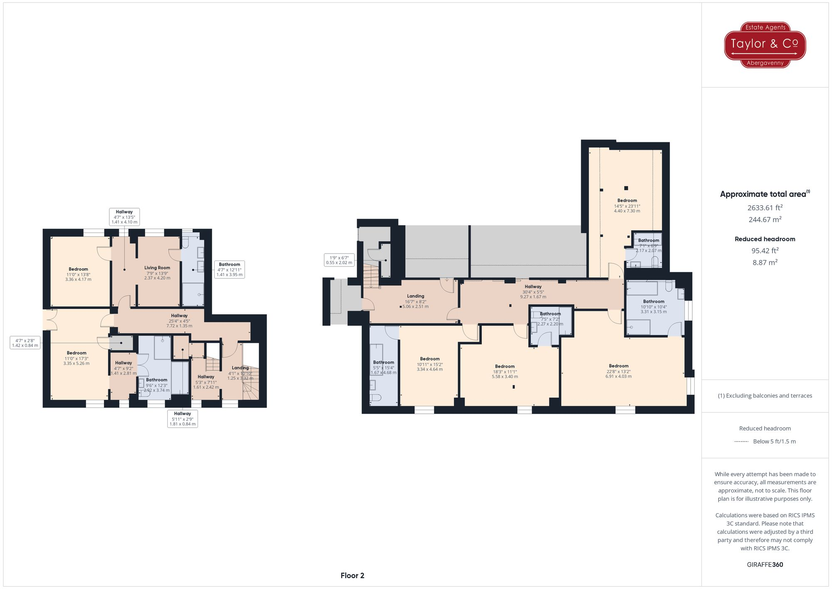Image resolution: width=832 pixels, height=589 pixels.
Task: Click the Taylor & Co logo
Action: (x=765, y=45)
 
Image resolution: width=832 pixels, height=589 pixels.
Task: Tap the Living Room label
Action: (x=157, y=273)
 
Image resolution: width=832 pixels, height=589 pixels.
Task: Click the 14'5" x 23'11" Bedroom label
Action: (x=627, y=206)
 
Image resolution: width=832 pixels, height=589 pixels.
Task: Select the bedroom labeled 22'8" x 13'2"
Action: (x=619, y=371)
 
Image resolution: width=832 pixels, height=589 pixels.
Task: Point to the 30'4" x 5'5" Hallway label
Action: (x=533, y=291)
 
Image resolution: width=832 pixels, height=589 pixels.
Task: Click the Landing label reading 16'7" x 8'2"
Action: (x=415, y=301)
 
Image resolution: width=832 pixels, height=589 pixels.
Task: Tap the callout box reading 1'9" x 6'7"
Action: (x=339, y=260)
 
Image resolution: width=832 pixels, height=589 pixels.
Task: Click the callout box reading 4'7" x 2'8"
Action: (x=25, y=343)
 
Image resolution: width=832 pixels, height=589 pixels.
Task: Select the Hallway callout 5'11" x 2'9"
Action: (x=182, y=418)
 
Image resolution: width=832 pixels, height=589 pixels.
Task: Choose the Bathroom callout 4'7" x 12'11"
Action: (x=229, y=269)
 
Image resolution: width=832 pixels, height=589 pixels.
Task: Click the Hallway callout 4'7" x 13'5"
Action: (x=124, y=217)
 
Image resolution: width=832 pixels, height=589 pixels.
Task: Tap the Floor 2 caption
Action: (x=352, y=576)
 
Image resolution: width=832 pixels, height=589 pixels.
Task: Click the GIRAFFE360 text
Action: (x=765, y=565)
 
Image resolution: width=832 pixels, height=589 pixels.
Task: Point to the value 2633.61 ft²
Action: (x=765, y=208)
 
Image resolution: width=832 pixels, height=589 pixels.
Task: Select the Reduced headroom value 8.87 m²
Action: (x=765, y=262)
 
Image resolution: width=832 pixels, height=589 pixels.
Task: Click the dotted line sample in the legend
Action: (x=741, y=442)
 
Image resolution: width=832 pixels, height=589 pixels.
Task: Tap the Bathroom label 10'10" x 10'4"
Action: (x=654, y=306)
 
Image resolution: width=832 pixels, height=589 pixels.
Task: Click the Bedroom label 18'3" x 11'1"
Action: (x=505, y=371)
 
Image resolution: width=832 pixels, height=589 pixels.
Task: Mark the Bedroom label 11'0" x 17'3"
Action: (x=77, y=358)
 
